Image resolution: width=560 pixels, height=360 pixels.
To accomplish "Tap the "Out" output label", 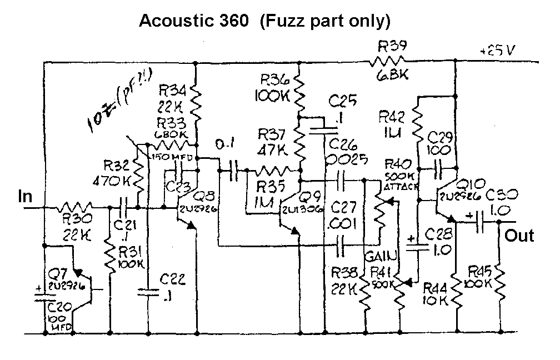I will pos(519,236).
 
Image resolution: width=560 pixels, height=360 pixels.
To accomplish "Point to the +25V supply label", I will pos(499,51).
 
